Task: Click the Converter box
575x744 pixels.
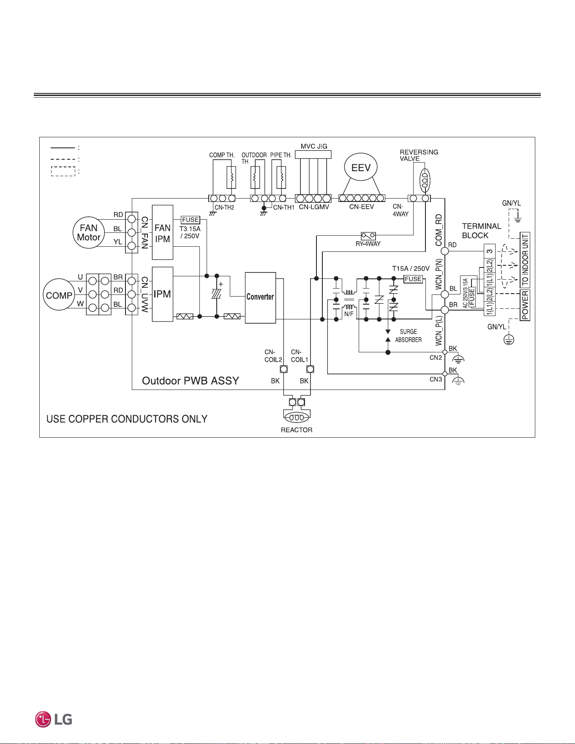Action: (x=260, y=298)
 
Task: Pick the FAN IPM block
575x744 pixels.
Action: (x=163, y=232)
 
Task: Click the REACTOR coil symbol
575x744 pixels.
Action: (x=297, y=417)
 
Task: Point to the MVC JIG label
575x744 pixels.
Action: (x=314, y=146)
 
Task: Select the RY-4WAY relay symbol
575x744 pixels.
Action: (x=368, y=236)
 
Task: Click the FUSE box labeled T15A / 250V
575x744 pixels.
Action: (x=413, y=279)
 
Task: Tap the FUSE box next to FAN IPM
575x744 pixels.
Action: (x=191, y=220)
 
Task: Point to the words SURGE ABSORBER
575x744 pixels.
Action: (x=409, y=336)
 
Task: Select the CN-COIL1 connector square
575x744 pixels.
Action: (x=310, y=369)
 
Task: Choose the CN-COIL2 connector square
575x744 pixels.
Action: (x=284, y=369)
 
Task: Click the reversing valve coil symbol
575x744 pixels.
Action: (x=425, y=180)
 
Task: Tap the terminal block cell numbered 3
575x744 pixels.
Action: (x=489, y=251)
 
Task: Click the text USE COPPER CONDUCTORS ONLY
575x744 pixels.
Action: (x=127, y=419)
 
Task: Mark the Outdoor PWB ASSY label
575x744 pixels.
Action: (x=191, y=381)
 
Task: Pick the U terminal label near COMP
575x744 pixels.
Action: (x=80, y=277)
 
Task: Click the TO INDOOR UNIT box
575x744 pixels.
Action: (x=525, y=260)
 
